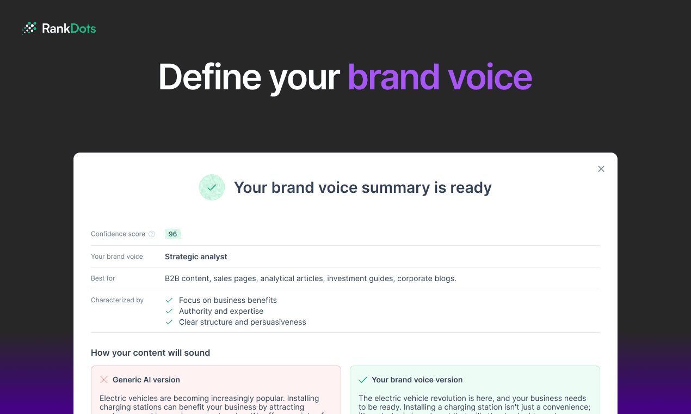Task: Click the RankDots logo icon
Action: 29,28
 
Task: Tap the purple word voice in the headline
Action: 490,77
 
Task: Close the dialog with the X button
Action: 601,169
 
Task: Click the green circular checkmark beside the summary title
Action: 212,187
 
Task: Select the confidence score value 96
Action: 172,234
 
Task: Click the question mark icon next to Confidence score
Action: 152,234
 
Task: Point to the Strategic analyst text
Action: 196,257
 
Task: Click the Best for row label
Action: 103,278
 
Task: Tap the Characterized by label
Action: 117,300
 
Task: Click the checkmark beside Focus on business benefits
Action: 169,300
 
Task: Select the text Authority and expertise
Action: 221,311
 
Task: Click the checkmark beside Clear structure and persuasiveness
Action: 169,322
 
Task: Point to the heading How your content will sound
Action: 150,352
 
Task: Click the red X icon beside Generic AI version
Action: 104,380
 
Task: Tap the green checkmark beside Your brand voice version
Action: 363,380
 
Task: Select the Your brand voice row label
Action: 116,257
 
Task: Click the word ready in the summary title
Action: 471,187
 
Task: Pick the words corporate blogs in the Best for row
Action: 426,278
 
